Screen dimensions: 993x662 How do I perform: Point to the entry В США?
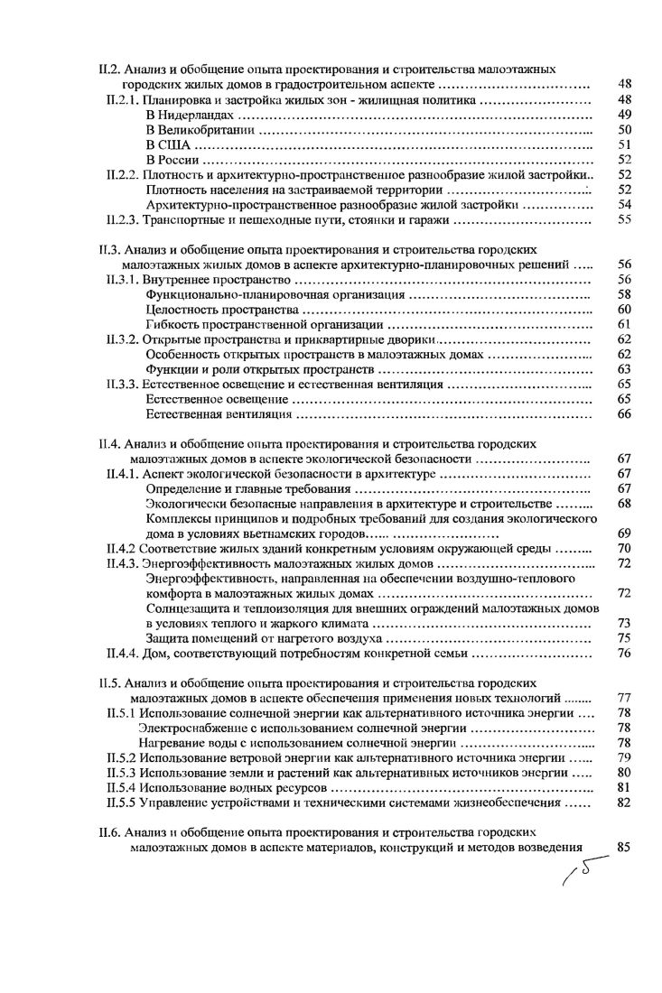click(x=166, y=145)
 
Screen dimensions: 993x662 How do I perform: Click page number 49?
click(x=623, y=115)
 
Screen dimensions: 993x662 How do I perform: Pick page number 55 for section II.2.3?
click(x=623, y=220)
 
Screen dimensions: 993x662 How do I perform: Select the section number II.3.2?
click(x=123, y=339)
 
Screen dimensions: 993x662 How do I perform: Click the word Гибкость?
click(x=173, y=324)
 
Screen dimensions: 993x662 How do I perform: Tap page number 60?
click(x=623, y=310)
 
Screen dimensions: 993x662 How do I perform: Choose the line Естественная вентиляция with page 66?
click(x=219, y=414)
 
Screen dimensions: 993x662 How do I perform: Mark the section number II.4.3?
click(x=123, y=563)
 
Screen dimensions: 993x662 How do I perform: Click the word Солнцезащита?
click(x=189, y=608)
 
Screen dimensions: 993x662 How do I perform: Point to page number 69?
click(x=623, y=534)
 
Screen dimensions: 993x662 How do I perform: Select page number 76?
click(x=623, y=654)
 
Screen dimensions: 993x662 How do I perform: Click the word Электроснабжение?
click(x=196, y=728)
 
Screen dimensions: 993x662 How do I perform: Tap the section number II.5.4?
click(x=121, y=787)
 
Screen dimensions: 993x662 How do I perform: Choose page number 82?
click(x=623, y=802)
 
